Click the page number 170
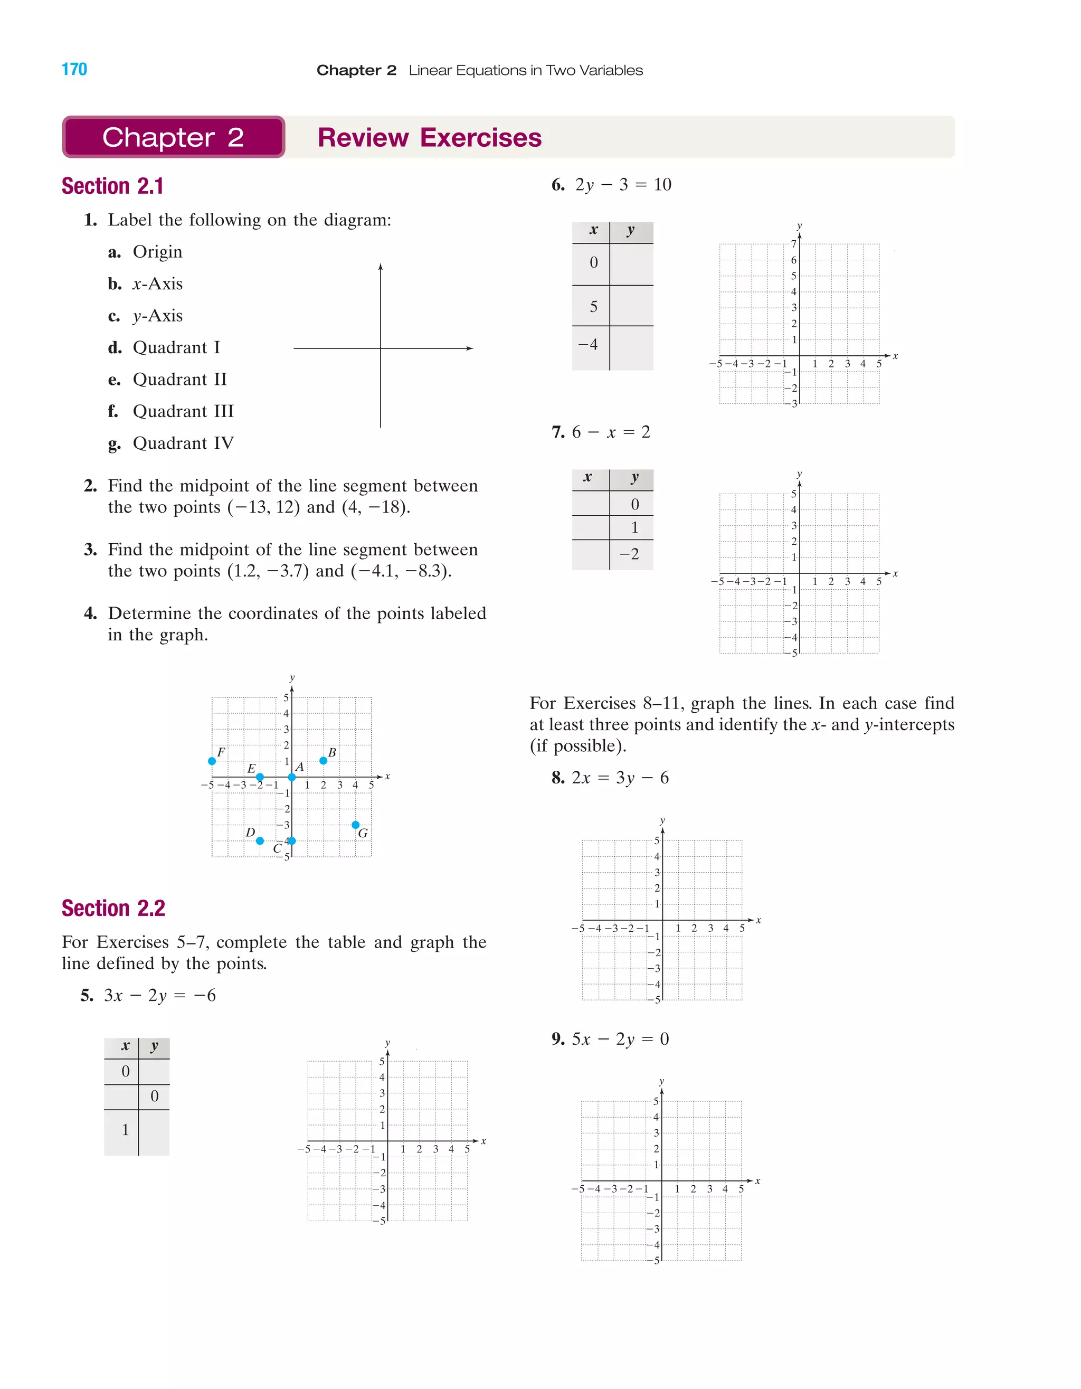[74, 69]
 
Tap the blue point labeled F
[212, 761]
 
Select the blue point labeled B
[323, 761]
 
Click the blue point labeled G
[355, 825]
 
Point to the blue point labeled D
[260, 841]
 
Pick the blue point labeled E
[260, 777]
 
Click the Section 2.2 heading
[113, 908]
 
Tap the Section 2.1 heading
[112, 186]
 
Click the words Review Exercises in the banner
[429, 137]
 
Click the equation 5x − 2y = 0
[620, 1038]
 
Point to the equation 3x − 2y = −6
[159, 995]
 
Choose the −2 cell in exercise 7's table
[630, 554]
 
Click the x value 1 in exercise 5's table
[125, 1129]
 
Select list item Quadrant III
[183, 411]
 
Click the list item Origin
[157, 252]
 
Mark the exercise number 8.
[558, 778]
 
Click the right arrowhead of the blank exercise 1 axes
[470, 348]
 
